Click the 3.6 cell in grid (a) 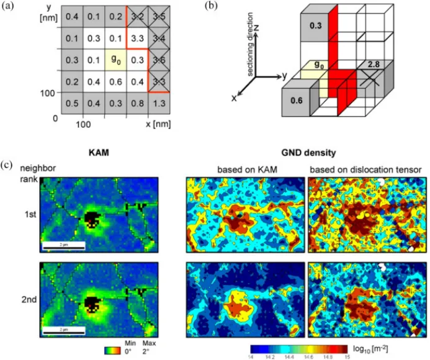click(160, 60)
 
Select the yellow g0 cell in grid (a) click(115, 60)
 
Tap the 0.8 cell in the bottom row click(137, 103)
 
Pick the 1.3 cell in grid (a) click(160, 103)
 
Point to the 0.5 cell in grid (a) click(72, 103)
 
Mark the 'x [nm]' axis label click(158, 123)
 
